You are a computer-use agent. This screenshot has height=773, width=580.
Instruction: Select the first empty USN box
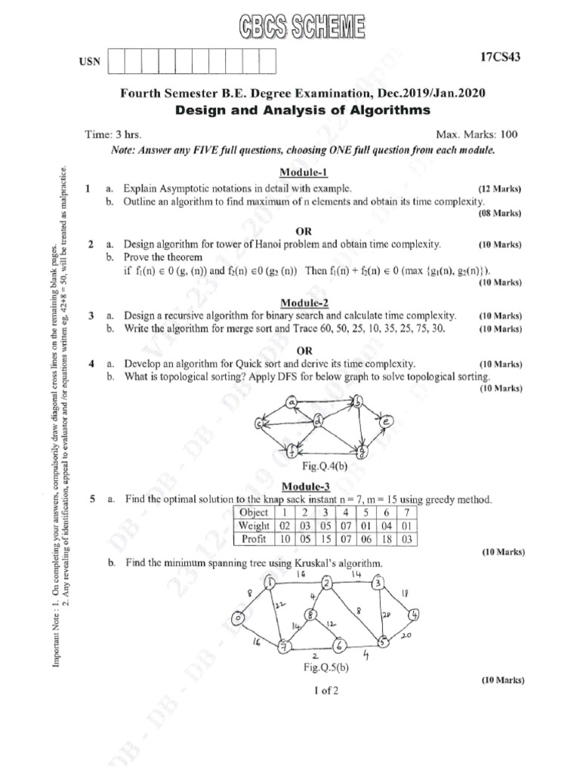pyautogui.click(x=118, y=61)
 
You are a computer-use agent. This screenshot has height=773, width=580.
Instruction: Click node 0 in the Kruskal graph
pyautogui.click(x=238, y=619)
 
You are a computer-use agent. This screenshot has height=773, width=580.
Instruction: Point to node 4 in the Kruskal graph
pyautogui.click(x=413, y=614)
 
